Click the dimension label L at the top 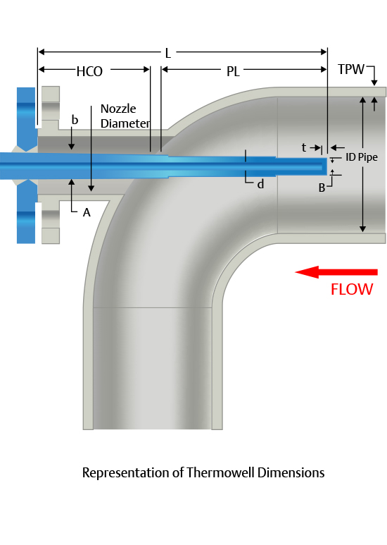coord(168,53)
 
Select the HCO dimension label coord(89,72)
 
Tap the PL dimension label coord(233,72)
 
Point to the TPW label coord(351,69)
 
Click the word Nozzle coord(118,109)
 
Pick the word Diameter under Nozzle coord(125,123)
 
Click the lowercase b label coord(75,120)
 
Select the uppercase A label coord(87,212)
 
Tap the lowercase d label coord(260,184)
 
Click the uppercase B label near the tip coord(322,188)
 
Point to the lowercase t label coord(304,148)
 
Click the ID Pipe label coord(362,157)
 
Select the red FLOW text coord(352,289)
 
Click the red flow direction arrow coord(336,272)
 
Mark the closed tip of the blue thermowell coord(326,167)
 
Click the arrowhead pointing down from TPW coord(374,82)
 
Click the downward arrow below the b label coord(72,138)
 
